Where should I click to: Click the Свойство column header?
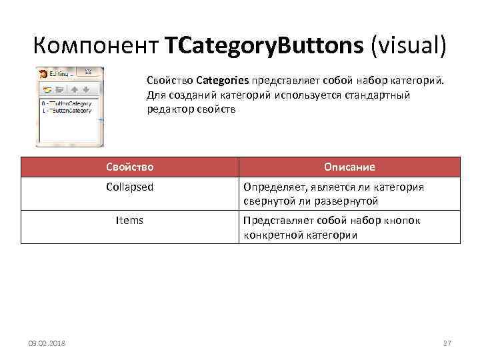[x=129, y=167]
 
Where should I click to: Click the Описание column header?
[x=349, y=167]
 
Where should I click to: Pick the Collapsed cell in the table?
[x=129, y=187]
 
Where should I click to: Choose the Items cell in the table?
[x=129, y=220]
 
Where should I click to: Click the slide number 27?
[x=447, y=343]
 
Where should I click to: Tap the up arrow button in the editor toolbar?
[x=75, y=89]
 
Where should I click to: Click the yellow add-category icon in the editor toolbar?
[x=47, y=89]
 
